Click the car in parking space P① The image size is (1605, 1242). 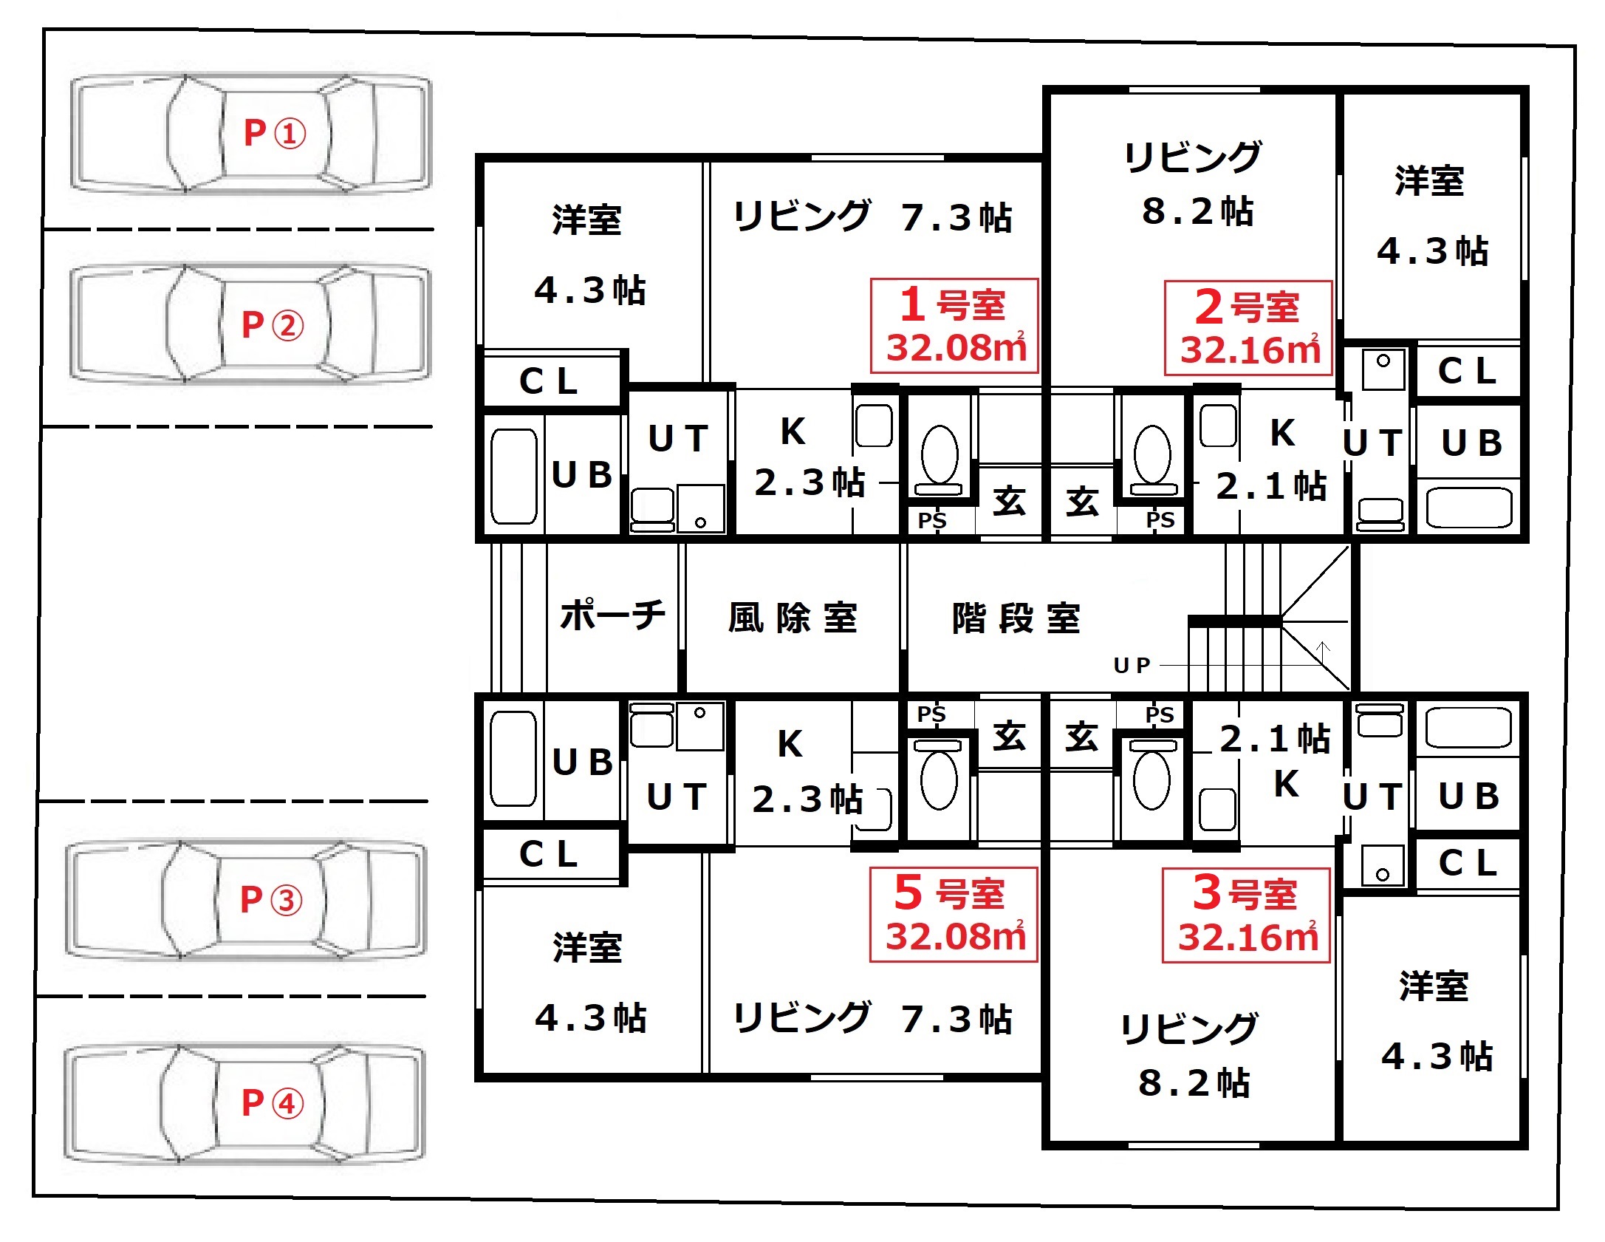251,133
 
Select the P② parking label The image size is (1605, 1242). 272,325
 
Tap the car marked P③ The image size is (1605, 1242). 246,899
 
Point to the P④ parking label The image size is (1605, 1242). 272,1103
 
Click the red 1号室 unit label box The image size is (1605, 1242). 954,326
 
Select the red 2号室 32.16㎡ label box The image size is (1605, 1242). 1248,328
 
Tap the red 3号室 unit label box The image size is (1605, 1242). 1246,915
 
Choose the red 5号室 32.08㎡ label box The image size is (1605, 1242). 954,915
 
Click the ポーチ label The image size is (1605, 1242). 612,615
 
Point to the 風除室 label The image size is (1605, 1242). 793,618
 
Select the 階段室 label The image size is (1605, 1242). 1016,618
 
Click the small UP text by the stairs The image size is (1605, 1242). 1132,666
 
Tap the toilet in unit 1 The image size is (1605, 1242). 940,459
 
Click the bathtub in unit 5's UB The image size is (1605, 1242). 513,759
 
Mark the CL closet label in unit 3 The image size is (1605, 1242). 1468,862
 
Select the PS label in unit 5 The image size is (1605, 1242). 931,714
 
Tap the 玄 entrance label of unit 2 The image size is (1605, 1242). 1082,502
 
